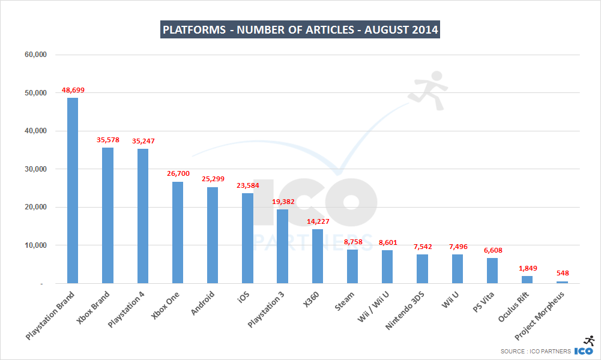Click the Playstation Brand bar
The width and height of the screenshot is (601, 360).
72,190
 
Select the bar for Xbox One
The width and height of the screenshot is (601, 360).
178,232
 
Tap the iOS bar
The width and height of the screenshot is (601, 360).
247,238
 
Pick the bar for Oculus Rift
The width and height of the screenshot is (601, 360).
527,280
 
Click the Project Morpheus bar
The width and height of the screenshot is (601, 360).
562,282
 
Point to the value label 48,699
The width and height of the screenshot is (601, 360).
73,91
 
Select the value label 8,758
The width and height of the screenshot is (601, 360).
352,242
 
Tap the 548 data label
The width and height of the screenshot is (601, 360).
563,274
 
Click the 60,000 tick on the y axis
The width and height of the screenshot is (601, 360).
35,55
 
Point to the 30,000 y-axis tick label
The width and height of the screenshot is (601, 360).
35,169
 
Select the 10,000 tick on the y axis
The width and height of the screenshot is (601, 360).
35,245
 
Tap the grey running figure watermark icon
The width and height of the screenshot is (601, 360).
429,90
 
